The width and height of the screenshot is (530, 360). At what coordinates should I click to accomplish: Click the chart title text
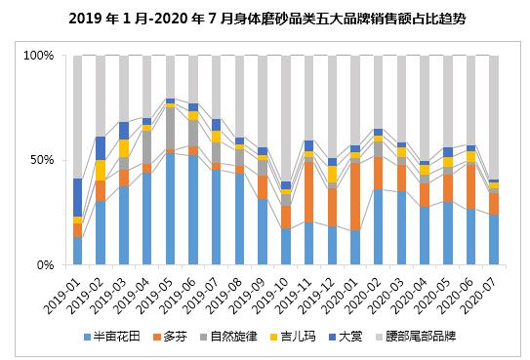click(265, 19)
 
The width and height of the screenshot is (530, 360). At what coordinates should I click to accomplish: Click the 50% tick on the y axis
click(42, 160)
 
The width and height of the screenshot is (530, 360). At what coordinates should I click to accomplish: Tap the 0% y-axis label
click(45, 264)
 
